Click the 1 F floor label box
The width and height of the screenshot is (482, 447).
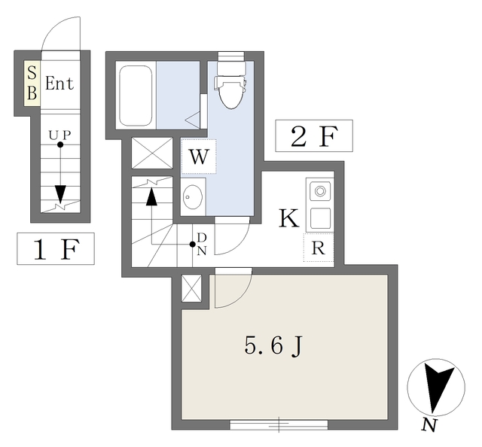coord(56,248)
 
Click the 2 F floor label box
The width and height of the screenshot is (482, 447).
coord(314,135)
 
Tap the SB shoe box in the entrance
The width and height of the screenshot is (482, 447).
coord(32,84)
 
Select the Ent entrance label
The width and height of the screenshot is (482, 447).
coord(59,84)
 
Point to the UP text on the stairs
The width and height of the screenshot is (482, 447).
coord(60,135)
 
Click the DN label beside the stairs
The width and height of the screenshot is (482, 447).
coord(202,244)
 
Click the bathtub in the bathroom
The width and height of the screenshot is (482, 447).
coord(136,96)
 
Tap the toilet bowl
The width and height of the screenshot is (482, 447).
coord(231,91)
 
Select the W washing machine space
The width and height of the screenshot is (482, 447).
coord(199,157)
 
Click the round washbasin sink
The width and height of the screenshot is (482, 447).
coord(193,196)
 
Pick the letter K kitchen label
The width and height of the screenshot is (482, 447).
coord(289,218)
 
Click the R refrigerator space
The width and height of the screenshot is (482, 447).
coord(319,248)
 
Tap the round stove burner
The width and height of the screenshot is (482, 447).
coord(320,191)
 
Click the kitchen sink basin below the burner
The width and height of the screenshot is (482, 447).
coord(320,218)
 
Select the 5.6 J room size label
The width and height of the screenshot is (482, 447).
coord(273,346)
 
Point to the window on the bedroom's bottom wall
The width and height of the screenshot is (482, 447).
coord(279,425)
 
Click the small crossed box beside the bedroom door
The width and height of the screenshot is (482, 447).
coord(191,288)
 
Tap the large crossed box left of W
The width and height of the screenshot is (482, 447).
coord(152,153)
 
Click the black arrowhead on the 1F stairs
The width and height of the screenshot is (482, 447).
coord(60,194)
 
